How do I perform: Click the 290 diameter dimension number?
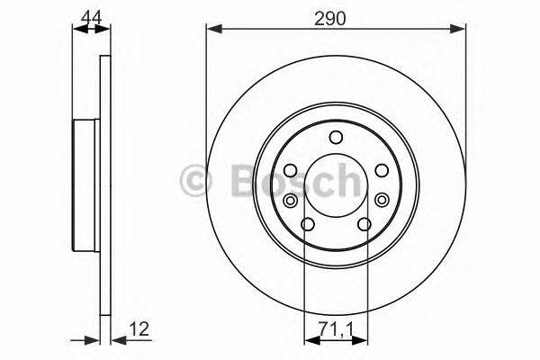tap(337, 17)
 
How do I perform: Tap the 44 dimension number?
tap(88, 15)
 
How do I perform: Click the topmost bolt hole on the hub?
tap(337, 137)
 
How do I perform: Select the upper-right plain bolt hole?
tap(382, 171)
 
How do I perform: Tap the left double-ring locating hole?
tap(292, 200)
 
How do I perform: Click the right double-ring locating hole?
tap(382, 200)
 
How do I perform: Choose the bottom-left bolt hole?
tap(308, 225)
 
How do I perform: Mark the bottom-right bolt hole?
tap(365, 225)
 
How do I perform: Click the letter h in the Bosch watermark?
tap(346, 183)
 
